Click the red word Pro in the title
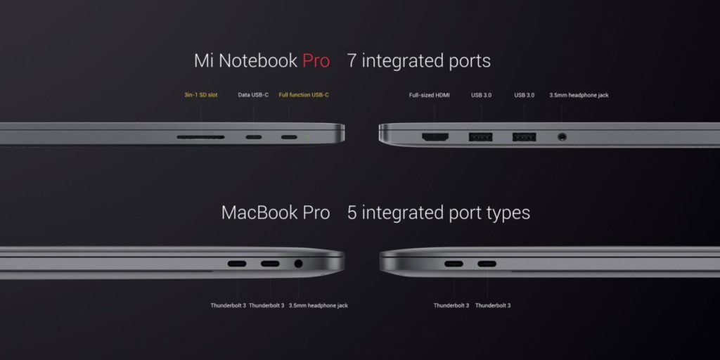tap(316, 61)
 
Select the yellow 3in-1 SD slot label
tap(201, 95)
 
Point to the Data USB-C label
tap(253, 95)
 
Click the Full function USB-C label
tap(304, 95)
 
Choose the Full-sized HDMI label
tap(430, 95)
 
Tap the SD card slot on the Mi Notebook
tap(201, 137)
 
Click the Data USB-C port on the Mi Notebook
tap(254, 137)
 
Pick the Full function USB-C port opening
tap(289, 137)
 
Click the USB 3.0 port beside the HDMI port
tap(482, 137)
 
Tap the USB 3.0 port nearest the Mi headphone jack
tap(524, 137)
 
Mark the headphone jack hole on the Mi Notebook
tap(562, 137)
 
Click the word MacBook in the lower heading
tap(258, 212)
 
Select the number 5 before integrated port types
tap(352, 212)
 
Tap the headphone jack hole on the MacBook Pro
tap(298, 264)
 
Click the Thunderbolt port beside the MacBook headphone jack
tap(270, 264)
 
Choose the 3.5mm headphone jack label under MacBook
tap(318, 306)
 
